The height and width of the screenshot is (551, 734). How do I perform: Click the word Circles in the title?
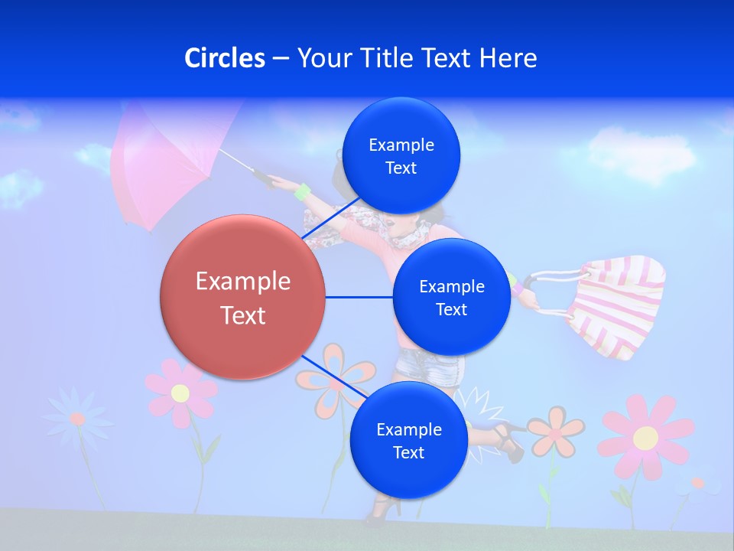point(225,58)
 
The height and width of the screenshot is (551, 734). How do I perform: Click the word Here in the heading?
point(508,58)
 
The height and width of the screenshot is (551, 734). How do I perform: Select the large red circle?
point(242,297)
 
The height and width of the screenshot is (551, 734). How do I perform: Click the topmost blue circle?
point(401,156)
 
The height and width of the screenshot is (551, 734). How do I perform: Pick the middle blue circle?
point(451,297)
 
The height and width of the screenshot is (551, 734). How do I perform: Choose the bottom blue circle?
point(408,441)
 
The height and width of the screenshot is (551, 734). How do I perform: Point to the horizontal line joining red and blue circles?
point(359,297)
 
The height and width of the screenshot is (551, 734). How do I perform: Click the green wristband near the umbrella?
point(303,192)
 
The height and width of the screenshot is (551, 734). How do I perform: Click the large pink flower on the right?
point(645,437)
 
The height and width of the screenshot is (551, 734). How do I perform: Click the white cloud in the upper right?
point(642,153)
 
